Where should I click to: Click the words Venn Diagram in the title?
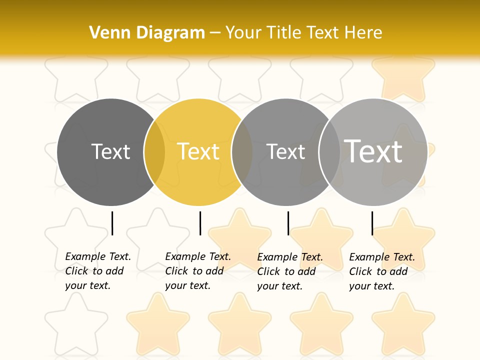pyautogui.click(x=147, y=32)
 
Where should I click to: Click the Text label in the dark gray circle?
pyautogui.click(x=110, y=151)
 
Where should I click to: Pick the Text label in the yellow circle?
pyautogui.click(x=198, y=151)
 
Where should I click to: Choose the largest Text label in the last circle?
pyautogui.click(x=373, y=151)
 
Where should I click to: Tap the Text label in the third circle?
pyautogui.click(x=285, y=151)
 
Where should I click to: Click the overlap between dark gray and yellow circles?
pyautogui.click(x=154, y=152)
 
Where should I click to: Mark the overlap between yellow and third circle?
pyautogui.click(x=242, y=152)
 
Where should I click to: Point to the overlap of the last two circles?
pyautogui.click(x=329, y=152)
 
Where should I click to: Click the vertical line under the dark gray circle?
pyautogui.click(x=112, y=223)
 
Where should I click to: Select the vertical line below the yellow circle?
pyautogui.click(x=200, y=223)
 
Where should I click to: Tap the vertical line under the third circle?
pyautogui.click(x=288, y=223)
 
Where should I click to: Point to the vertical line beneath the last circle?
pyautogui.click(x=372, y=223)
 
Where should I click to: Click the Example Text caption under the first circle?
pyautogui.click(x=97, y=271)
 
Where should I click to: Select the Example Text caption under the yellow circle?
pyautogui.click(x=197, y=271)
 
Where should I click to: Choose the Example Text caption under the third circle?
pyautogui.click(x=289, y=271)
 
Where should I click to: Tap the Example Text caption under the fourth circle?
pyautogui.click(x=381, y=271)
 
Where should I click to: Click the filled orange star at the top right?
pyautogui.click(x=403, y=77)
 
